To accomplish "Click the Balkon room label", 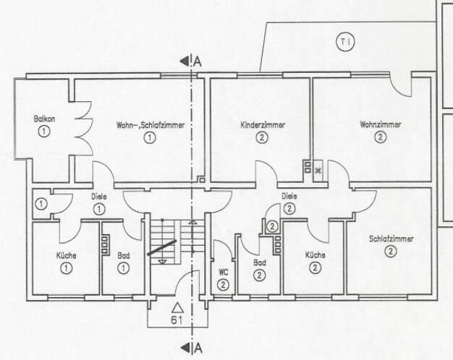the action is (44, 119).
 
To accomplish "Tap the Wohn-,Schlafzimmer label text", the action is (151, 125).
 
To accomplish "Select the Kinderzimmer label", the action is (263, 125).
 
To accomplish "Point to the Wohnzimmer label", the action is (380, 125).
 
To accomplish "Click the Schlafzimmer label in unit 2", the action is (391, 239).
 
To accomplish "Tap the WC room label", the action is (224, 273).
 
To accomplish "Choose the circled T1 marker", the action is (345, 42).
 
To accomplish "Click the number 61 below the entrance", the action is (177, 320).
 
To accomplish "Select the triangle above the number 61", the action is (177, 308).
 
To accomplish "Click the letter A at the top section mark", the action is (198, 61).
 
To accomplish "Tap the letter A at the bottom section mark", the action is (198, 348).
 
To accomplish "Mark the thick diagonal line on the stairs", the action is (162, 247).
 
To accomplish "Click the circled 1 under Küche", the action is (67, 268).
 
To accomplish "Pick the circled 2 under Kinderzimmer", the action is (262, 137).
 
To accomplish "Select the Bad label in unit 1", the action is (124, 256).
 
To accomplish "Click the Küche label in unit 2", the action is (316, 255).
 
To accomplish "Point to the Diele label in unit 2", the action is (289, 197).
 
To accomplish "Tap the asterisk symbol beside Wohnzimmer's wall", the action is (318, 171).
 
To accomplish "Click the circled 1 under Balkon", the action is (44, 132).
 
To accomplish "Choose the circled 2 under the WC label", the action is (223, 285).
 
